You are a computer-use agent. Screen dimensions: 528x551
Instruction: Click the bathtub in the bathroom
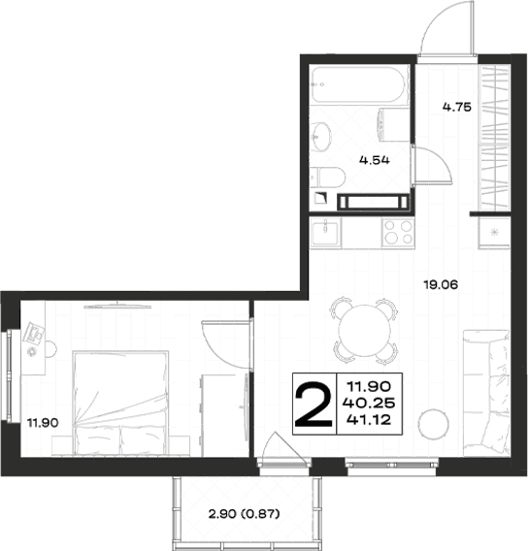tap(359, 84)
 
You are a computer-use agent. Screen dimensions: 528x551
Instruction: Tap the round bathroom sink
tap(321, 137)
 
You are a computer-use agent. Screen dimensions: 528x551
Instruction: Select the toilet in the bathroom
tap(328, 178)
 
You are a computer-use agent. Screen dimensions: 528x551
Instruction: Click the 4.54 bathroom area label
tap(375, 160)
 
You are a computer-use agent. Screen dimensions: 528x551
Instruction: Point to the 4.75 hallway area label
tap(456, 107)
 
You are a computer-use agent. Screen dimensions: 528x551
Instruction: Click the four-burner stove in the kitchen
tap(398, 232)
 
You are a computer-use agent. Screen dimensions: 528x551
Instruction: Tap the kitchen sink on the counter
tap(325, 232)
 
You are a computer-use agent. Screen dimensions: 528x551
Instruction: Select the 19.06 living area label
tap(441, 284)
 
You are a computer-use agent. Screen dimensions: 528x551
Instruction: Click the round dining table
tap(365, 331)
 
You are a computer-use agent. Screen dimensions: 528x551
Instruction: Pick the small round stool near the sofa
tap(434, 424)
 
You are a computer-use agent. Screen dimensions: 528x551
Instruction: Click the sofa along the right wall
tap(486, 393)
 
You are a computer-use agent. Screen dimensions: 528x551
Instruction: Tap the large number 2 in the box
tap(313, 405)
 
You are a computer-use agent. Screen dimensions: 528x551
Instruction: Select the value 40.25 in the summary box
tap(369, 403)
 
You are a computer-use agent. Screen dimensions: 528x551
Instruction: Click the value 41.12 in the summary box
tap(369, 420)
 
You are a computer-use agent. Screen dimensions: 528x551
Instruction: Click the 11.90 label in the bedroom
tap(43, 422)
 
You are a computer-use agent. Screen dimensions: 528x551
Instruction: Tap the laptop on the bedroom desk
tap(34, 333)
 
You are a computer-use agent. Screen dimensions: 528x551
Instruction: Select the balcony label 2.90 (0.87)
tap(245, 514)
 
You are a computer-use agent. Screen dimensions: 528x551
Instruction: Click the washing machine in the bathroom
tap(393, 125)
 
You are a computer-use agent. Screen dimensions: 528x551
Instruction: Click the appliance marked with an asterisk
tap(494, 233)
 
